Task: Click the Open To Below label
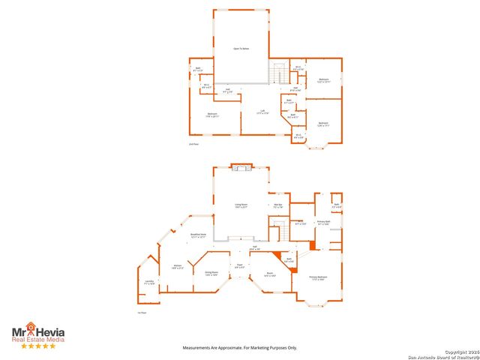pyautogui.click(x=241, y=48)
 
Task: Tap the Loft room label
pyautogui.click(x=262, y=112)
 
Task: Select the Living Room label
pyautogui.click(x=241, y=205)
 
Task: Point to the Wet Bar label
pyautogui.click(x=277, y=205)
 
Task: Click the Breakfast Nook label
pyautogui.click(x=198, y=236)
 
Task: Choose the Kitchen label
pyautogui.click(x=178, y=266)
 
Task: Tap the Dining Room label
pyautogui.click(x=211, y=273)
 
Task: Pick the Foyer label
pyautogui.click(x=239, y=266)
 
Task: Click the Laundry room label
pyautogui.click(x=149, y=282)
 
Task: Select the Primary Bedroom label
pyautogui.click(x=318, y=277)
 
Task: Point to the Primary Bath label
pyautogui.click(x=323, y=223)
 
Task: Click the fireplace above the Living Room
pyautogui.click(x=241, y=168)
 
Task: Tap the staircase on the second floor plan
pyautogui.click(x=279, y=73)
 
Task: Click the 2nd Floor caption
pyautogui.click(x=193, y=143)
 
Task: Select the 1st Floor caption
pyautogui.click(x=140, y=312)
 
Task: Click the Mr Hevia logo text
pyautogui.click(x=37, y=331)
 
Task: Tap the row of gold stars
pyautogui.click(x=37, y=346)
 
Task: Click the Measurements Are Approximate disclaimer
pyautogui.click(x=241, y=347)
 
